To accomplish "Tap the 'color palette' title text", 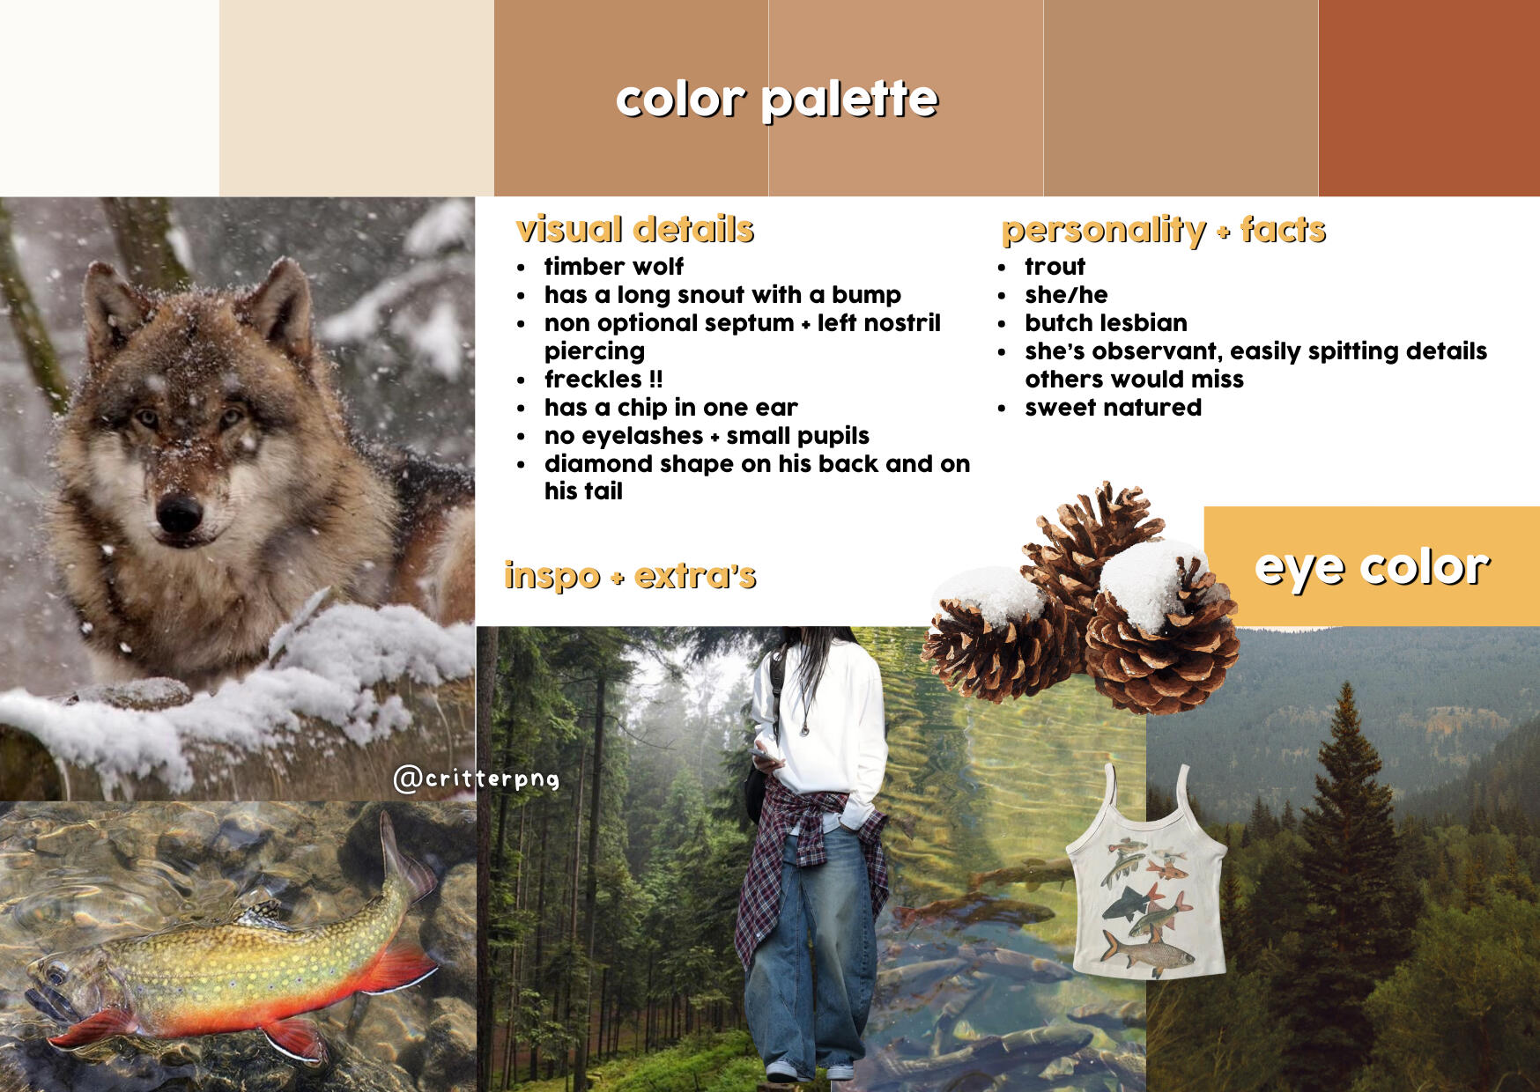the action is coord(776,99).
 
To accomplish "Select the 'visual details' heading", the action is coord(635,229).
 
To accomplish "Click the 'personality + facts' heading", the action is coord(1163,230).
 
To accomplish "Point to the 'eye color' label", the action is coord(1372,566).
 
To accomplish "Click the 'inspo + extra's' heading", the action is coord(630,575).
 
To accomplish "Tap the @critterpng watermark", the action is coord(477,778).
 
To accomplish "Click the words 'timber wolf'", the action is coord(614,266).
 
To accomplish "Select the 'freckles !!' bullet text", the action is coord(603,379).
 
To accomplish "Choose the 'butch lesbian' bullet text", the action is coord(1106,322).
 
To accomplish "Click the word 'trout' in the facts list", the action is coord(1055,266).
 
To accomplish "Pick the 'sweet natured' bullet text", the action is coord(1113,407).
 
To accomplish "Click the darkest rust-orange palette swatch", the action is coord(1429,98).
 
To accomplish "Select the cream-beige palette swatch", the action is coord(357,98).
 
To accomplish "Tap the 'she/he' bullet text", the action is coord(1066,294).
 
